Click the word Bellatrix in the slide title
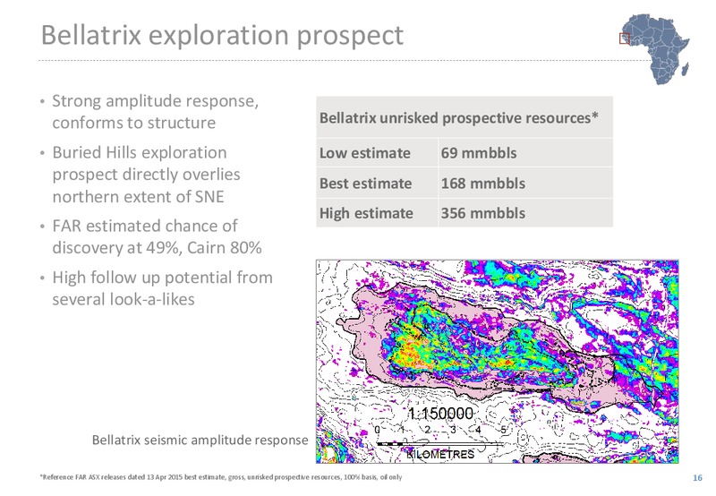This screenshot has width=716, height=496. click(91, 34)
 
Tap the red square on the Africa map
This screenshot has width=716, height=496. click(624, 38)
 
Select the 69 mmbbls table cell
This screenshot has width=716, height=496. click(479, 152)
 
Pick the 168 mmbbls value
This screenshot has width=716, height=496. click(482, 184)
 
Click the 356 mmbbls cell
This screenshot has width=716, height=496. click(482, 213)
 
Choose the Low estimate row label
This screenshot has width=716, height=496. click(365, 152)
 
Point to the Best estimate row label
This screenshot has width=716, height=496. click(365, 184)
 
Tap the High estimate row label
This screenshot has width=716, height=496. click(366, 213)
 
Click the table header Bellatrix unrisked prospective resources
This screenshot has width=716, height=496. click(458, 118)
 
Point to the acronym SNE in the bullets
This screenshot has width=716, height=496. click(209, 196)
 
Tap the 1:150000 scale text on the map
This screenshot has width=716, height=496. click(440, 414)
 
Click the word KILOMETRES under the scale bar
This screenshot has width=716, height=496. click(440, 455)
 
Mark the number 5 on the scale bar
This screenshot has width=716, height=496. click(503, 430)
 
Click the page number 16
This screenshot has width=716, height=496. click(697, 478)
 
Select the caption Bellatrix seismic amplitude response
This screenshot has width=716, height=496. click(200, 440)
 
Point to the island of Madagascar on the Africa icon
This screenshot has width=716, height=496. click(685, 70)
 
